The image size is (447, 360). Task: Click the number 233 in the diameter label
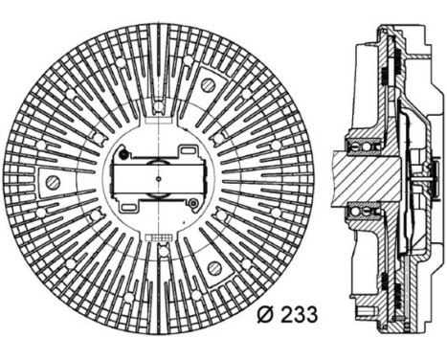coord(298,312)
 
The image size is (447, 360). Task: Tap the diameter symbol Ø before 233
coord(268,312)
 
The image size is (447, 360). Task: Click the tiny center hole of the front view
coord(158,178)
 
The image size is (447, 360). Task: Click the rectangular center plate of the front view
coord(158,178)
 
